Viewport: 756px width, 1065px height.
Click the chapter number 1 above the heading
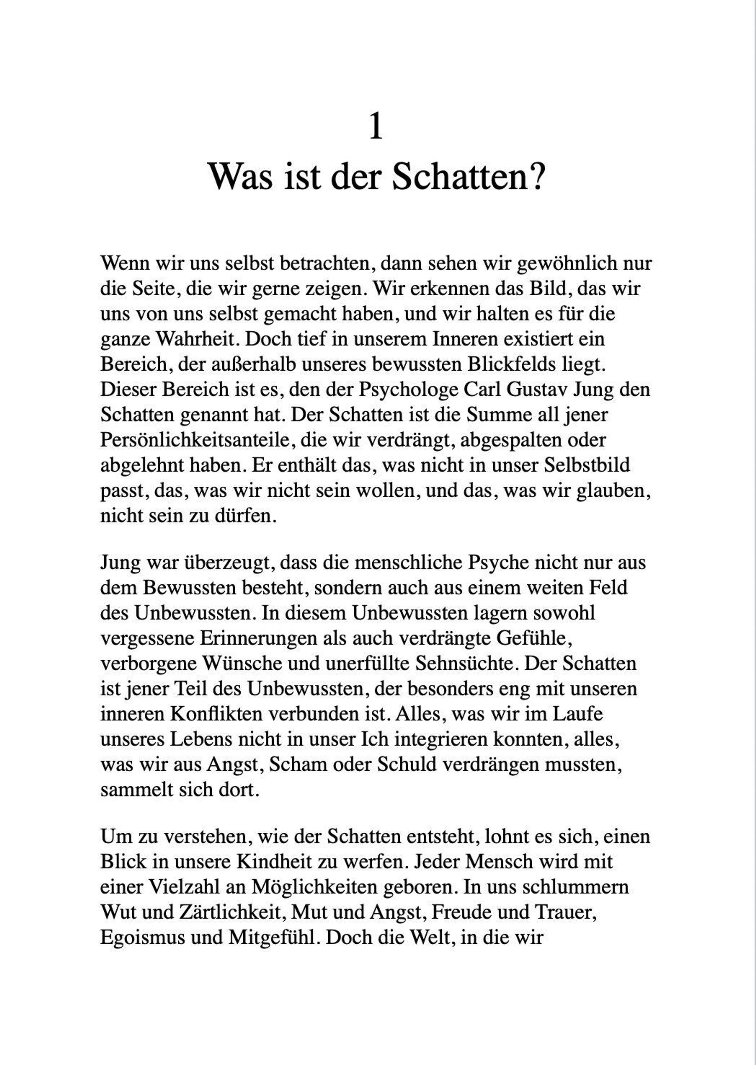[x=376, y=126]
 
